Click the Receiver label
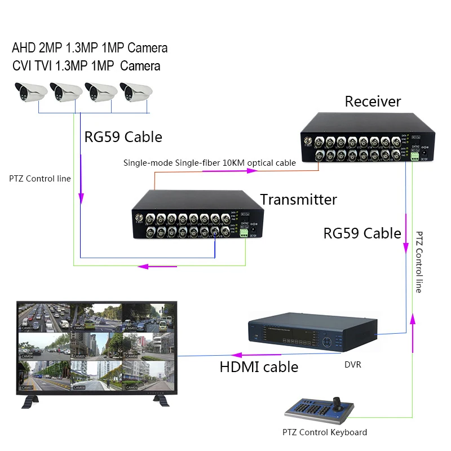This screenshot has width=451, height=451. [373, 101]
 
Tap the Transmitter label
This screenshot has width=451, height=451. [298, 200]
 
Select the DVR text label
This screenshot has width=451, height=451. [352, 365]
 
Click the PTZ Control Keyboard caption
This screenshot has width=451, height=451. [325, 432]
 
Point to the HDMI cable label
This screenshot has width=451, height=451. [259, 367]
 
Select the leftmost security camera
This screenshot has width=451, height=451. [30, 91]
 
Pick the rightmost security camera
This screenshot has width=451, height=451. [135, 91]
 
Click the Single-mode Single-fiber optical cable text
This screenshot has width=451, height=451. [210, 163]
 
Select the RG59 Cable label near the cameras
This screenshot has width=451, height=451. [123, 137]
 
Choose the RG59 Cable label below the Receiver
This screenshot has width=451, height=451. [362, 233]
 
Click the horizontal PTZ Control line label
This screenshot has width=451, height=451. [40, 179]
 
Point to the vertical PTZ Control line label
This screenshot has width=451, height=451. [418, 262]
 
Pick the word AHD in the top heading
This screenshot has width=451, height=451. [24, 48]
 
